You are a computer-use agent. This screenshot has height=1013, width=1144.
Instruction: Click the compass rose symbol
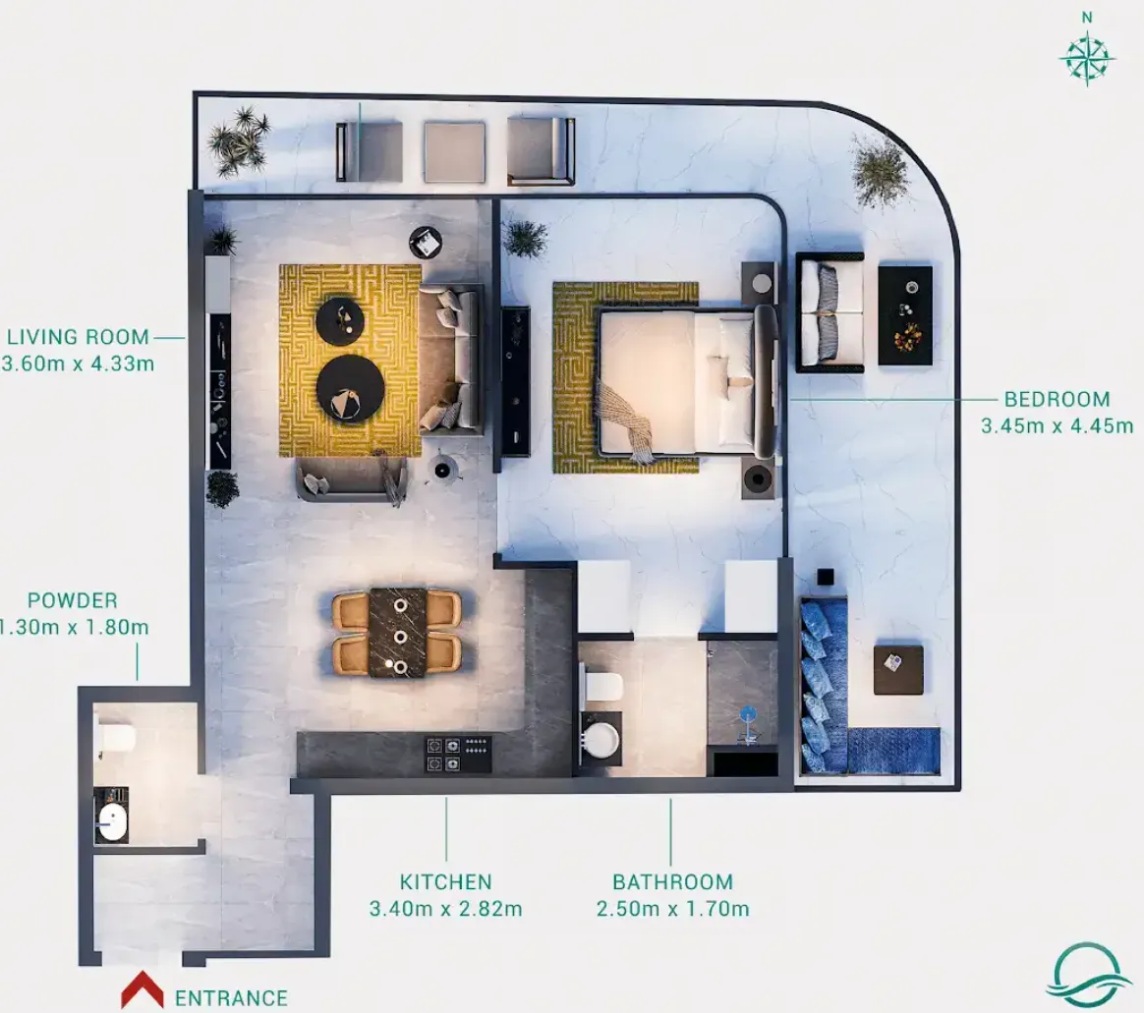click(1086, 58)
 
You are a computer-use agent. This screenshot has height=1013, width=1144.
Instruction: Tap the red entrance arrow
click(143, 989)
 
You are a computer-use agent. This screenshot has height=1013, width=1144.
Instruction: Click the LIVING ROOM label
click(78, 337)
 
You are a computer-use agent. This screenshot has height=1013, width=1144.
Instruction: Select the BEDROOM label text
click(1058, 399)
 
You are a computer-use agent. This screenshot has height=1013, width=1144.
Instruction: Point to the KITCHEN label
click(446, 881)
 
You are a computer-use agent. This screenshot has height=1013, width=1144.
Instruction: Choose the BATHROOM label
click(672, 881)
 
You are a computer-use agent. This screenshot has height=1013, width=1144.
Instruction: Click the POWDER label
click(72, 600)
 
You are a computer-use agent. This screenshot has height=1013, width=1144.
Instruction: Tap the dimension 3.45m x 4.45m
click(1058, 425)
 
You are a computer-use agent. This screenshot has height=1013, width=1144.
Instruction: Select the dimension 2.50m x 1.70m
click(672, 909)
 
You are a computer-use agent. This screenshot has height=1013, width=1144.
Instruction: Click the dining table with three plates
click(398, 633)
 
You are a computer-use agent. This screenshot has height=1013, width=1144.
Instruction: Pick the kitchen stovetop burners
click(459, 754)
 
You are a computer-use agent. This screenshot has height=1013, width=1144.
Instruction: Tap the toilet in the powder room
click(116, 737)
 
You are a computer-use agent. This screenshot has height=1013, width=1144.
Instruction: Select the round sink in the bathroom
click(600, 741)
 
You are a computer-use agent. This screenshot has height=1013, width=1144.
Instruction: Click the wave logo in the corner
click(1083, 974)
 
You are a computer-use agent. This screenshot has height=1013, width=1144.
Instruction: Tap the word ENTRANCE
click(231, 997)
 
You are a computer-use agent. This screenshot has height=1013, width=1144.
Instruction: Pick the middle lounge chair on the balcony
click(454, 151)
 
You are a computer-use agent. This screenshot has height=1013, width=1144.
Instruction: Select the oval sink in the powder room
click(112, 822)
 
